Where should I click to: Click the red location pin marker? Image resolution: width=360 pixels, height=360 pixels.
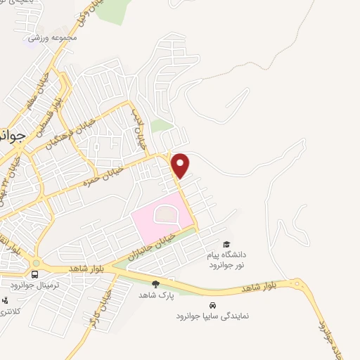[x=181, y=165]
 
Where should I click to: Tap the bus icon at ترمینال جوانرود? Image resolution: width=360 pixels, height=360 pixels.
[x=35, y=274]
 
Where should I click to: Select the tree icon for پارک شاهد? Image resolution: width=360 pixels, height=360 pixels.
[x=155, y=283]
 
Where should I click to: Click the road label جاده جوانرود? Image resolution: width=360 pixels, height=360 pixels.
[x=325, y=338]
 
